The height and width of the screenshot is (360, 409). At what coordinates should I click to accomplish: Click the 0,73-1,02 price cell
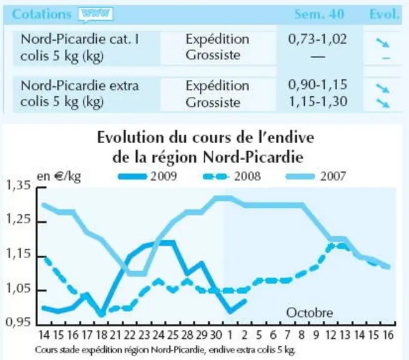(x=317, y=39)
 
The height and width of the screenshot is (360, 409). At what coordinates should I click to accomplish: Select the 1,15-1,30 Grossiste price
(x=318, y=101)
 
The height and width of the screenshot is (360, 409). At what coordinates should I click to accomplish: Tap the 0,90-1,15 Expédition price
(x=318, y=85)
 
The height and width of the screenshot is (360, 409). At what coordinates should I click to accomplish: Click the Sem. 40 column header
(x=319, y=14)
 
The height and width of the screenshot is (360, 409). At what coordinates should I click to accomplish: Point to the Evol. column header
(x=385, y=14)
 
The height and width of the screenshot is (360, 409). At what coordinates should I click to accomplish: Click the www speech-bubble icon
(x=96, y=14)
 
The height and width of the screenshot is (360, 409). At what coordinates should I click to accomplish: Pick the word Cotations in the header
(x=42, y=14)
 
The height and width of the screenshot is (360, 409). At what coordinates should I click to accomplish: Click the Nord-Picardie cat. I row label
(x=80, y=47)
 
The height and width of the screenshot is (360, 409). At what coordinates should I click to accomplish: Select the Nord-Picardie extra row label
(x=79, y=94)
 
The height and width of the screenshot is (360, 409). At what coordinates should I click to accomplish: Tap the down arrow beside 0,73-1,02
(x=383, y=43)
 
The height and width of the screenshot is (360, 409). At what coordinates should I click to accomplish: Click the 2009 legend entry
(x=147, y=176)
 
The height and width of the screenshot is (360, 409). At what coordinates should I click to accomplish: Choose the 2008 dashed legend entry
(x=232, y=176)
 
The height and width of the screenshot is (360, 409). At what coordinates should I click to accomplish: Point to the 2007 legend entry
(x=316, y=176)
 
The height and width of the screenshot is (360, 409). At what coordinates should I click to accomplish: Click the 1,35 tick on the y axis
(x=18, y=185)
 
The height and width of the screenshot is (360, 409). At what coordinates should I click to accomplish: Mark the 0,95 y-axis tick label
(x=18, y=322)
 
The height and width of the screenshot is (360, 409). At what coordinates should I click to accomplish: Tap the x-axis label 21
(x=115, y=335)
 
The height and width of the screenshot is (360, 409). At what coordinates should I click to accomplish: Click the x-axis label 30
(x=215, y=335)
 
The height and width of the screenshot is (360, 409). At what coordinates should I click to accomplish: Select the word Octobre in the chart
(x=310, y=312)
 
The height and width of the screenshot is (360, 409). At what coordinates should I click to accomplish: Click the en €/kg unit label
(x=59, y=176)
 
